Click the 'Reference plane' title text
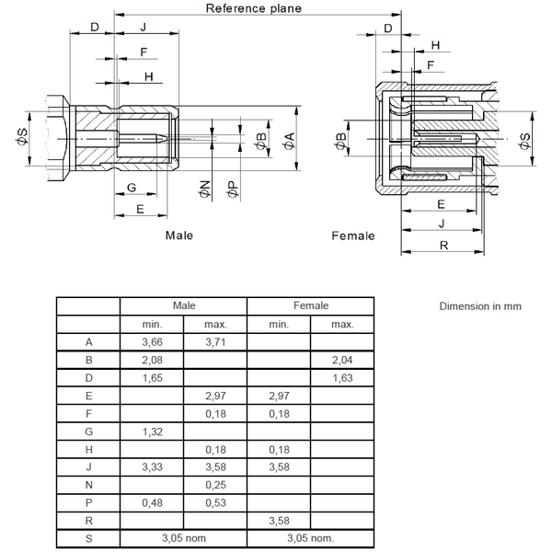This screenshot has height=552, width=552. click(254, 8)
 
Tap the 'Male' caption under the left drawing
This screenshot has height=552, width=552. click(179, 236)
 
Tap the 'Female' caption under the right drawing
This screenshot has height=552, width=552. click(353, 236)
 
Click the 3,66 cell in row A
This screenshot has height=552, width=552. click(152, 342)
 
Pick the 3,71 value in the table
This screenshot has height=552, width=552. click(215, 342)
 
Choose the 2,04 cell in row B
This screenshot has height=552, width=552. click(342, 360)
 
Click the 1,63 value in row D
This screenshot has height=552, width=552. click(342, 377)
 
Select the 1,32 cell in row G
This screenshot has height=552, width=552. click(152, 430)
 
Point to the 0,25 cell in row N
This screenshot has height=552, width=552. click(215, 485)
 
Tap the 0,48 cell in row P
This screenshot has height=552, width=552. click(152, 502)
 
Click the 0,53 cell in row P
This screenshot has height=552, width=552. click(215, 502)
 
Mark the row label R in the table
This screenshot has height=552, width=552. click(88, 520)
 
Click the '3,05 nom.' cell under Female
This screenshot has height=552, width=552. click(311, 537)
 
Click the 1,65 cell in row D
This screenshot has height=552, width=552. click(152, 377)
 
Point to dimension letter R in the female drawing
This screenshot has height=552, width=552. click(443, 246)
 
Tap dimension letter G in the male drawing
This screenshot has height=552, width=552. click(132, 188)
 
